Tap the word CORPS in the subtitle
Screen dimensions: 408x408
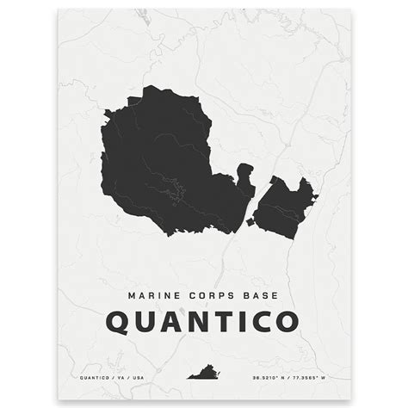[205, 294]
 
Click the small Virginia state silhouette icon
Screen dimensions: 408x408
[204, 374]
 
